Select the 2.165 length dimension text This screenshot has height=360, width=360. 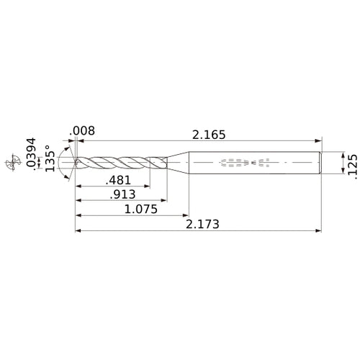tap(210, 133)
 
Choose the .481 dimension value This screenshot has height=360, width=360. tap(119, 180)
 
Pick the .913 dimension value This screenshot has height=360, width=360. tap(120, 195)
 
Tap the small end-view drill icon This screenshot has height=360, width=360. tap(10, 163)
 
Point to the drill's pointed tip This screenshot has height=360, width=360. tap(76, 163)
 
